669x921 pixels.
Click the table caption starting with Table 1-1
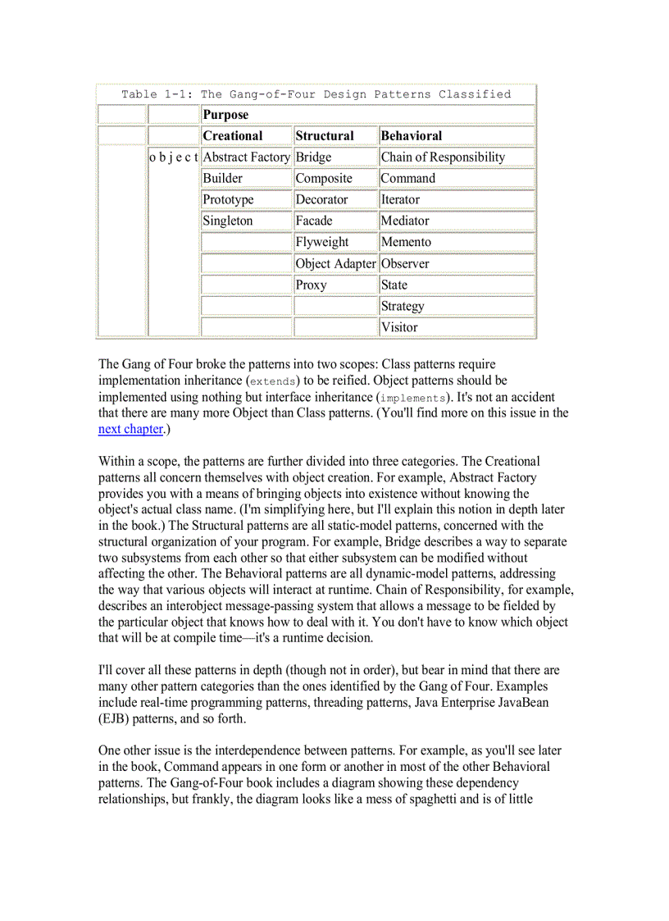pyautogui.click(x=316, y=94)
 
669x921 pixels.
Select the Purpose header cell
pyautogui.click(x=225, y=115)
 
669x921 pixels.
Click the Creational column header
pyautogui.click(x=233, y=136)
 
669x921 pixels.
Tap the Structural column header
pyautogui.click(x=325, y=136)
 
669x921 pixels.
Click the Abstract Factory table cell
pyautogui.click(x=246, y=157)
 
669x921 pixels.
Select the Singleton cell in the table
pyautogui.click(x=228, y=221)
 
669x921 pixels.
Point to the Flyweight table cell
pyautogui.click(x=322, y=243)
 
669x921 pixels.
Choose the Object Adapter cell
pyautogui.click(x=335, y=264)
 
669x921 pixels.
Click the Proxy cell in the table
pyautogui.click(x=312, y=285)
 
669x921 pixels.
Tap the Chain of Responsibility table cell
pyautogui.click(x=443, y=157)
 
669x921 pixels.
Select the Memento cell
pyautogui.click(x=406, y=243)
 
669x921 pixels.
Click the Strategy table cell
pyautogui.click(x=403, y=307)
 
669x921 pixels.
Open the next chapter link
pyautogui.click(x=130, y=429)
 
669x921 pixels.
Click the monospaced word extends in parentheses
pyautogui.click(x=275, y=381)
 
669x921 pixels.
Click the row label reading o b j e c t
pyautogui.click(x=174, y=157)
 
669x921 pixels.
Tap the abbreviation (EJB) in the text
pyautogui.click(x=114, y=718)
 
